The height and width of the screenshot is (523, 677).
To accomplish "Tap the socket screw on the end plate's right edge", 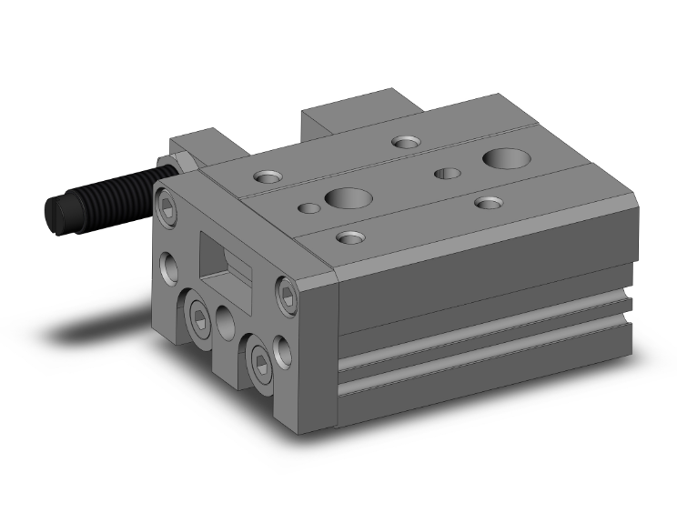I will click(x=287, y=298).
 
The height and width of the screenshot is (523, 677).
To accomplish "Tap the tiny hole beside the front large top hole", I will click(x=308, y=208).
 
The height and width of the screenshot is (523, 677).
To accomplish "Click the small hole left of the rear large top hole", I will click(x=446, y=173).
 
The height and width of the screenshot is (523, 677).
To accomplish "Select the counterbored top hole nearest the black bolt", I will click(x=268, y=176).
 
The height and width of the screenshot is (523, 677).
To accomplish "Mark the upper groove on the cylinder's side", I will click(x=482, y=328).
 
